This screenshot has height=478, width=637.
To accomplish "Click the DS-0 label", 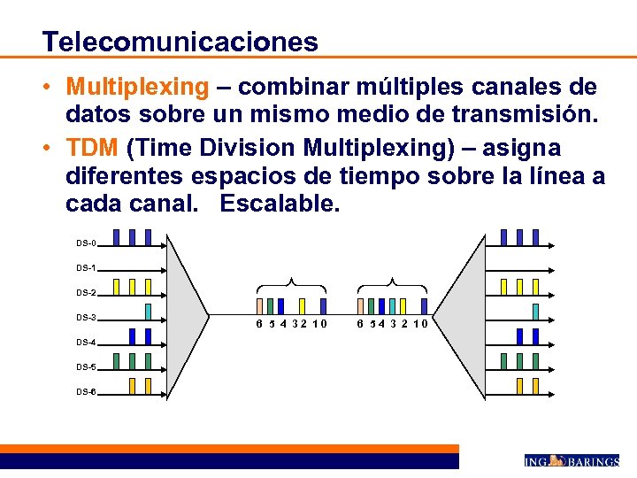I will point(86,243).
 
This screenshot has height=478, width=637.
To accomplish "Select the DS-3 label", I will point(86,317).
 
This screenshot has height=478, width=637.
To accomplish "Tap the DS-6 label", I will point(86,391).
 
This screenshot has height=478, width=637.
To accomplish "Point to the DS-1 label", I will point(86,267).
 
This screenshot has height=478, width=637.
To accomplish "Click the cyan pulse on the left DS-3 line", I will point(148,311).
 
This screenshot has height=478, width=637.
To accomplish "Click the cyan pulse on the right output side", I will point(535,311).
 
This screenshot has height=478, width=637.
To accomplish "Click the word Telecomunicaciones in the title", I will point(180,41).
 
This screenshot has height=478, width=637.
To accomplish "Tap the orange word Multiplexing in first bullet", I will point(137,88).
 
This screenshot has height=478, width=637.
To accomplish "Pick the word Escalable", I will point(280,203).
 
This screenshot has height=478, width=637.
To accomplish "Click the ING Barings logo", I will point(571,461).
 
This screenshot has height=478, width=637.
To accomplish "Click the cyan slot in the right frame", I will point(381,306).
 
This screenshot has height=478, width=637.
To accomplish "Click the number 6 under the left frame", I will point(258,324).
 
